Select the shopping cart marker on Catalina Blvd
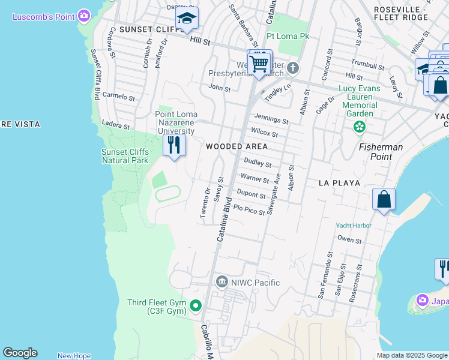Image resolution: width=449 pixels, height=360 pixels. click(x=259, y=63)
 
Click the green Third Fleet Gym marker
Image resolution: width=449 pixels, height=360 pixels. click(x=195, y=306)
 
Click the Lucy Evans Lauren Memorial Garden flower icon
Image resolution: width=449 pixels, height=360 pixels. click(x=360, y=126)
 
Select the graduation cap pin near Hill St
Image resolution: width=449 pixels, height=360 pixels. click(x=187, y=20)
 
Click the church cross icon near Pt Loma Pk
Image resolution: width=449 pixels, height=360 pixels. click(x=292, y=67)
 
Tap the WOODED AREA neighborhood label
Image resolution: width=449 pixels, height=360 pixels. click(x=237, y=146)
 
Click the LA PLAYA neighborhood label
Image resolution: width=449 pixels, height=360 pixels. click(x=339, y=182)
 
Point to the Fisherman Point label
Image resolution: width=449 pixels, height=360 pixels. click(x=380, y=152)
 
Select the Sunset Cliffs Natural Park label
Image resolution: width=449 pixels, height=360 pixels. click(x=124, y=156)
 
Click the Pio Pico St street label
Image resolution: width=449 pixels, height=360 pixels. click(x=249, y=209)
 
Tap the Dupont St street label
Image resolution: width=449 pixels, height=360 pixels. click(x=251, y=193)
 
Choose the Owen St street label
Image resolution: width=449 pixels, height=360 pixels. click(x=349, y=240)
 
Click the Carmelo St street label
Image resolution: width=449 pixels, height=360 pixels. click(x=118, y=96)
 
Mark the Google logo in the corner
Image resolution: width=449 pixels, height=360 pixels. click(x=20, y=353)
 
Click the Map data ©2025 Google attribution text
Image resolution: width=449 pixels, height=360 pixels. click(x=411, y=355)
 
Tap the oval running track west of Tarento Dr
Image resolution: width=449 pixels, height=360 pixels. click(x=168, y=194)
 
